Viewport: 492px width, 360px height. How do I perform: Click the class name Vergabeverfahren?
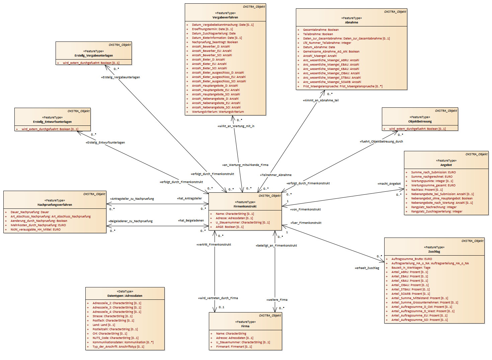(225, 17)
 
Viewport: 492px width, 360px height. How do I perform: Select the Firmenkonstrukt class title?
(245, 206)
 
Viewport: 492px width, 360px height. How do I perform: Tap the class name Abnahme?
(351, 22)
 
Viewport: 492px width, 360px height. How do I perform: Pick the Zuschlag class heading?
(434, 252)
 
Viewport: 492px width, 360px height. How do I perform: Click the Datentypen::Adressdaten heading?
(125, 296)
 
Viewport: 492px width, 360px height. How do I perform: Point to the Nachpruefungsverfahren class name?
(55, 205)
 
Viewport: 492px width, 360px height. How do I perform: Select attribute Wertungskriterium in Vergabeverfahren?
(218, 112)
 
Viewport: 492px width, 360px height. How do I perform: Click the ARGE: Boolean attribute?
(230, 227)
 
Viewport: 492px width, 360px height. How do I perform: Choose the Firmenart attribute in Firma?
(234, 347)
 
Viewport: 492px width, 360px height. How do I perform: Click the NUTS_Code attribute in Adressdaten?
(115, 338)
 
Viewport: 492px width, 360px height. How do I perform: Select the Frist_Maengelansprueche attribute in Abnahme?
(342, 86)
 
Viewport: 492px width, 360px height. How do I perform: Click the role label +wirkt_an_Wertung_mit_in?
(236, 126)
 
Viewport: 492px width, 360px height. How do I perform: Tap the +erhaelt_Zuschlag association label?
(367, 268)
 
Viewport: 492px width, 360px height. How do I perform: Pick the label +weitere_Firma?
(277, 300)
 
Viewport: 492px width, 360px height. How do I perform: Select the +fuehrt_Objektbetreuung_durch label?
(382, 142)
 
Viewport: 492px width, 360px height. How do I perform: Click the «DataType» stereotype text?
(125, 291)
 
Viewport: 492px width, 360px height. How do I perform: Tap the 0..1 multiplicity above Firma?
(222, 307)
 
